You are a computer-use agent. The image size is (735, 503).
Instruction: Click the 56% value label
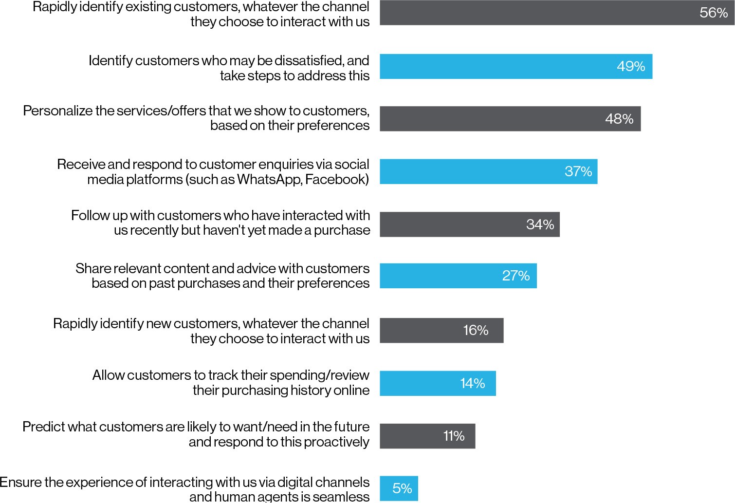point(713,13)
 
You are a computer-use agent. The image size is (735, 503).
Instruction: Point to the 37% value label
point(578,171)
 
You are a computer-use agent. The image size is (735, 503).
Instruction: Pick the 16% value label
point(476,331)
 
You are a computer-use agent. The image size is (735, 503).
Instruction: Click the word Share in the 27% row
point(90,269)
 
